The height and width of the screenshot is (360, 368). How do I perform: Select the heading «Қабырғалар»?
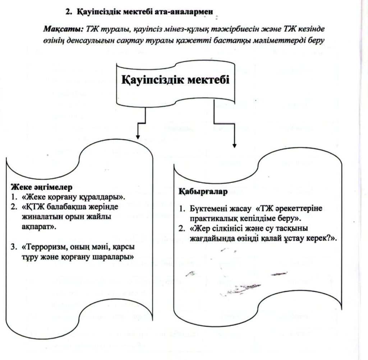pos(203,192)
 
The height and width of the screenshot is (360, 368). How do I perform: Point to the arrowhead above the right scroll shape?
pos(234,145)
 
